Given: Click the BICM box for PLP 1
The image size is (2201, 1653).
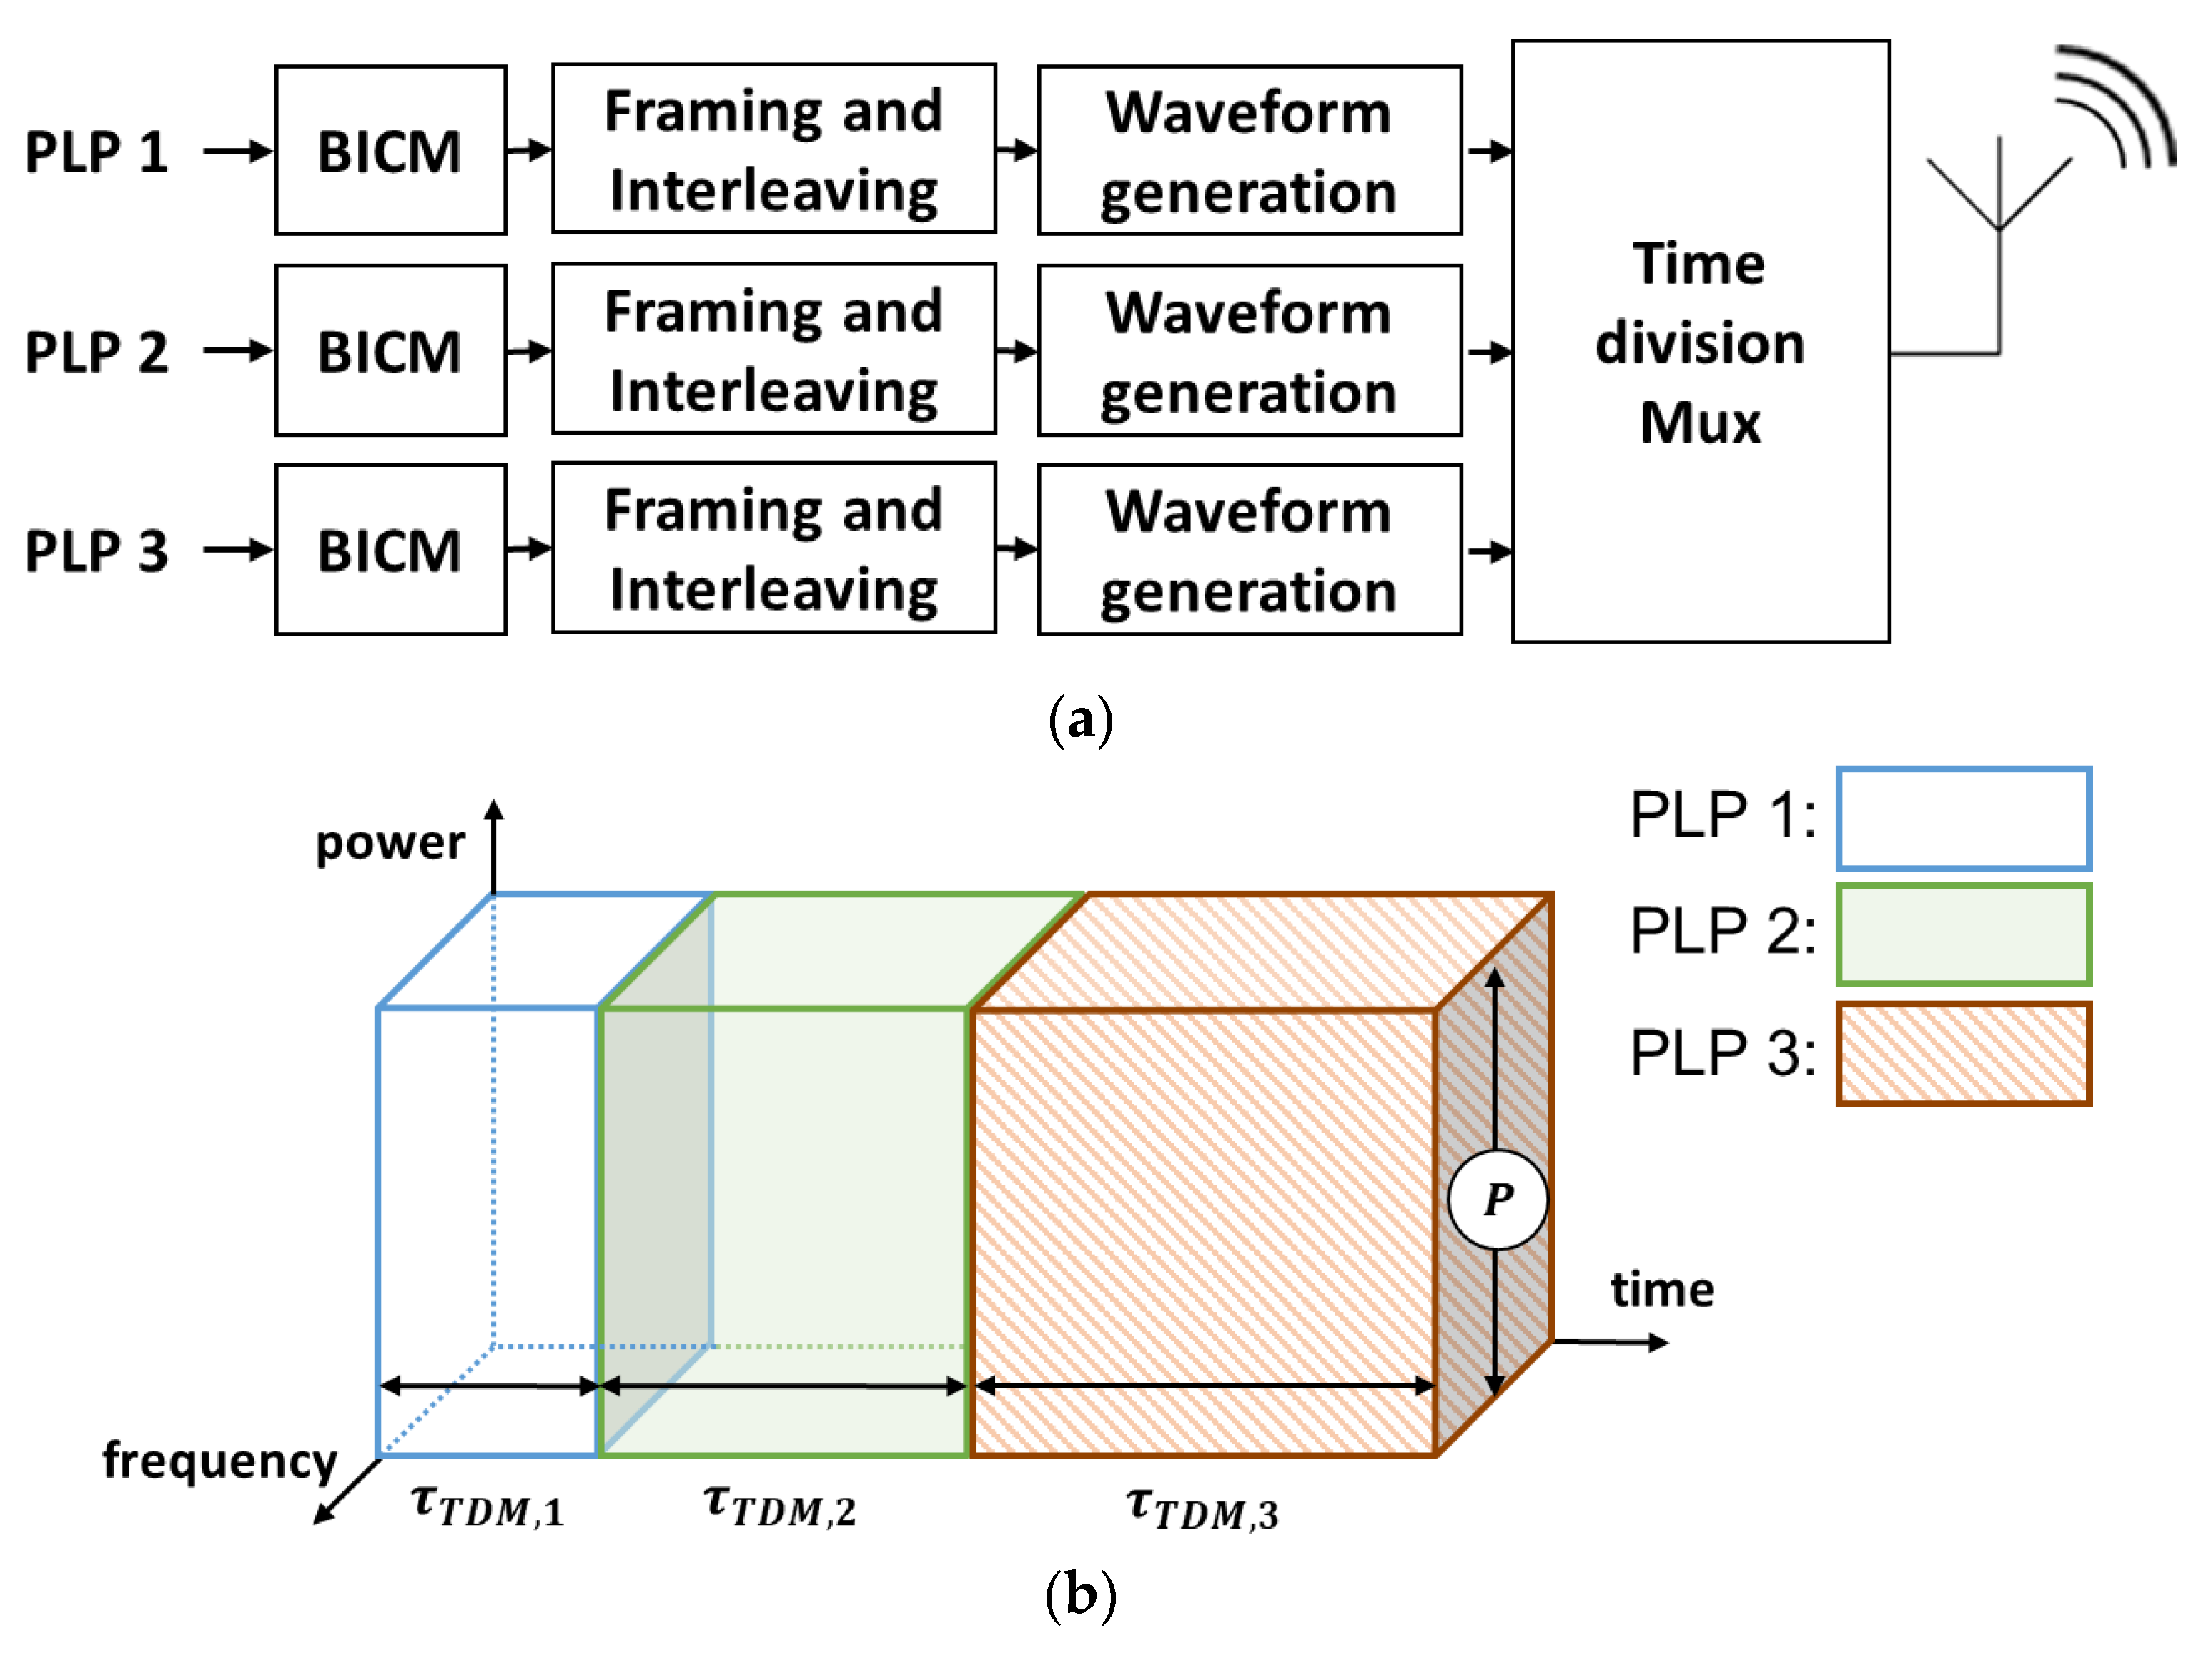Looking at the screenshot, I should pos(390,150).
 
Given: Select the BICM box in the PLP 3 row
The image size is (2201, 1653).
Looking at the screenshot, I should pos(390,549).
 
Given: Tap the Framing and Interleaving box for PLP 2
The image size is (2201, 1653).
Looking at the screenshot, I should pos(773,350).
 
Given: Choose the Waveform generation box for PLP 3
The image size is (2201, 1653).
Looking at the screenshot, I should pos(1249,549).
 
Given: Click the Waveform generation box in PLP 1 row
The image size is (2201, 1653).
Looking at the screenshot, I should pos(1249,150).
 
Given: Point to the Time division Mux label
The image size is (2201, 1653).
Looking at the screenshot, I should pos(1699,342).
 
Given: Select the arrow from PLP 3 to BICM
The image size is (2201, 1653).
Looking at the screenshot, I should pos(237,549).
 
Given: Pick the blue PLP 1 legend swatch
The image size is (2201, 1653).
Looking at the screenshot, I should pos(1962,818).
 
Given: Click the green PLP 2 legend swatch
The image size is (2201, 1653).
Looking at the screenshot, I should pos(1962,934).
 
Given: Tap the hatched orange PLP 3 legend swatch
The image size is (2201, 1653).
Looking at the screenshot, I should pos(1962,1053).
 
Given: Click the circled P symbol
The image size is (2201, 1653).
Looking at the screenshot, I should pos(1498,1199).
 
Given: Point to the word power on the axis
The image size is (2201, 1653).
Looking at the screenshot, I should pos(390,842).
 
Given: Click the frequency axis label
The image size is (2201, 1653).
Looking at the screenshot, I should pos(220,1460).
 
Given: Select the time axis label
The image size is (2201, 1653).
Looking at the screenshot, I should pos(1662,1289).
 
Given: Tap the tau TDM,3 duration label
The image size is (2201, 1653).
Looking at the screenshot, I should pos(1201,1508).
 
